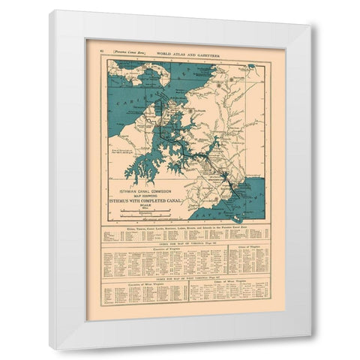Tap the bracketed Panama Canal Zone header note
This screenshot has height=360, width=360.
[122, 48]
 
